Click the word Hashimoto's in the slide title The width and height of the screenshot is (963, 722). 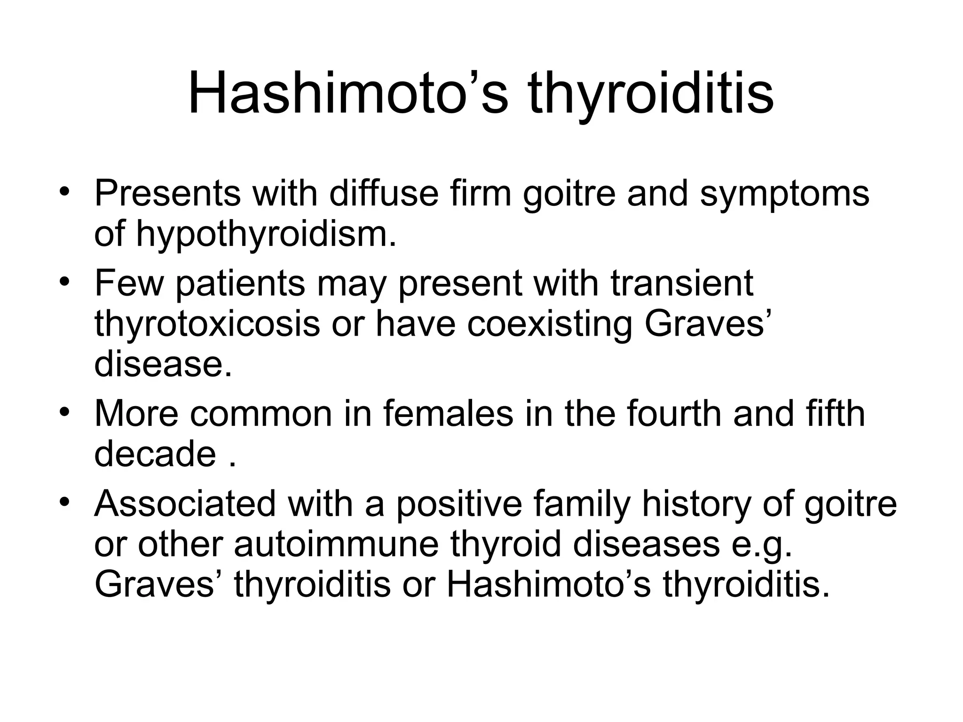pos(348,94)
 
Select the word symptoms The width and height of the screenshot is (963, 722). pos(785,194)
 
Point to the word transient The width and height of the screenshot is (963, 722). pos(682,283)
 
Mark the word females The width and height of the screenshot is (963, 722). pos(448,414)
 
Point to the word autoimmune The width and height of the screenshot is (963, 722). pos(336,544)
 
